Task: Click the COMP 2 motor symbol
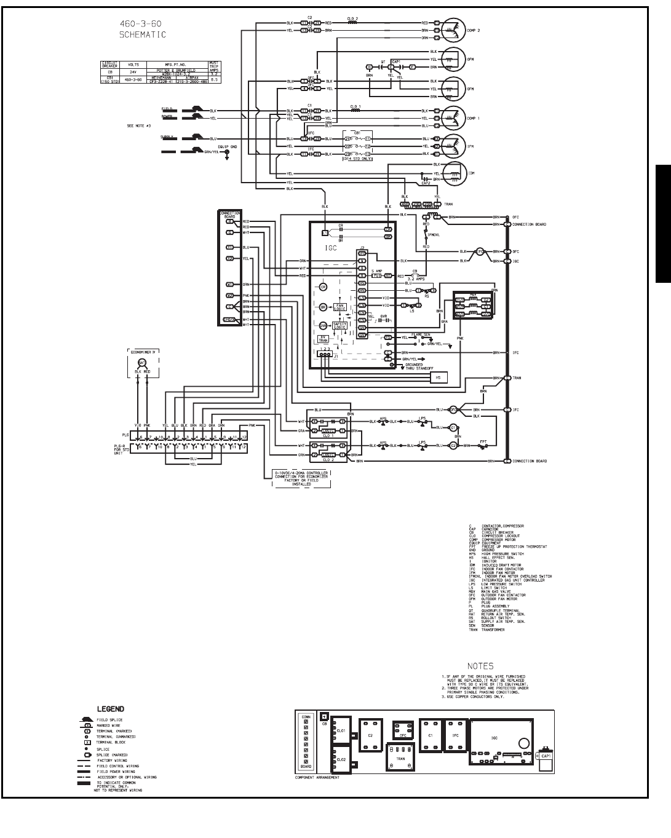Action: click(x=453, y=29)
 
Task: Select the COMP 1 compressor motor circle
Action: click(x=453, y=117)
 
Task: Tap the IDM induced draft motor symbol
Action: click(x=453, y=173)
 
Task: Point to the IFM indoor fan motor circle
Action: click(x=453, y=146)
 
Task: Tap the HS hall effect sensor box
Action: click(x=438, y=377)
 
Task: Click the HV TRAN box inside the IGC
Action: click(x=323, y=338)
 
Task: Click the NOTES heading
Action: click(x=480, y=666)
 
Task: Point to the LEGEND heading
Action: click(x=110, y=709)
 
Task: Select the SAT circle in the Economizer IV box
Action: click(x=141, y=362)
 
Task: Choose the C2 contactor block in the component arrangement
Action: click(x=371, y=735)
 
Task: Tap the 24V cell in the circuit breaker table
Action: click(x=133, y=72)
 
